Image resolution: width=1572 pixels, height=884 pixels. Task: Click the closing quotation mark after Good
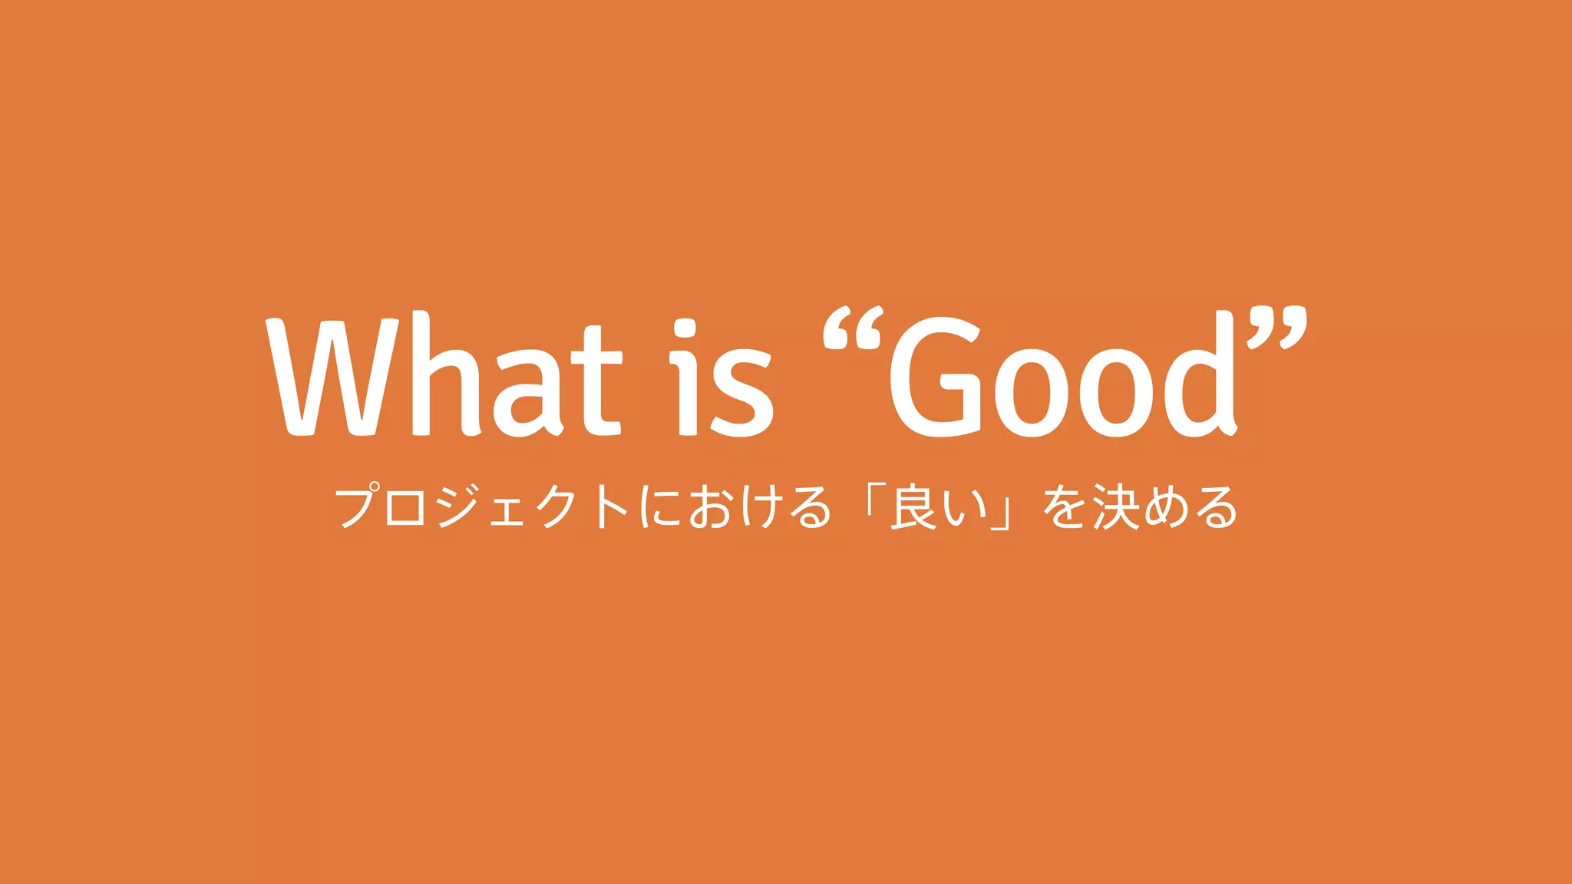1278,327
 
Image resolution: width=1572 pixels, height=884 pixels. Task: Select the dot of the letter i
685,331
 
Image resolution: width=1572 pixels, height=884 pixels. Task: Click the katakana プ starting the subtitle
359,506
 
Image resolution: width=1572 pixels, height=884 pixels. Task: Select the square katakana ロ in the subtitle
406,509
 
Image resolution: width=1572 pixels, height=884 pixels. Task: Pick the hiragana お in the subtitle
709,507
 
